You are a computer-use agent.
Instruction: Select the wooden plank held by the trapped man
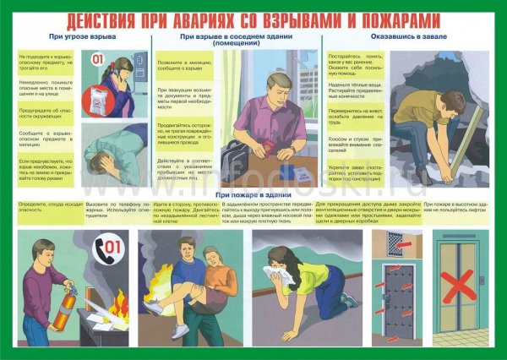tap(464, 135)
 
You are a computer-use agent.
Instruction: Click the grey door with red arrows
tap(397, 300)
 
